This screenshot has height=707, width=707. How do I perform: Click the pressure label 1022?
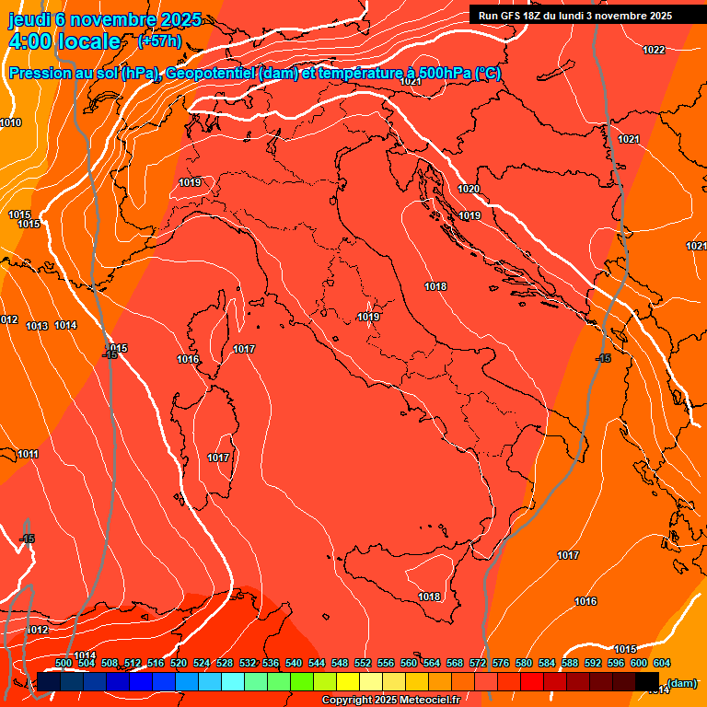[x=654, y=50]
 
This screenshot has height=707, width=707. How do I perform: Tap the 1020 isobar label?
[x=469, y=189]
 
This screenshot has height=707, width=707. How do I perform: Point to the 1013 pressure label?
[x=37, y=326]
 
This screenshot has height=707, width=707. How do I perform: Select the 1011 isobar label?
[x=28, y=454]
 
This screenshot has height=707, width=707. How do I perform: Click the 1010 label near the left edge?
[x=10, y=122]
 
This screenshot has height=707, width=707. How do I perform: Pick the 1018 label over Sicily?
[x=429, y=597]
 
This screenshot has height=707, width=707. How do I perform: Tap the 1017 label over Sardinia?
[x=218, y=458]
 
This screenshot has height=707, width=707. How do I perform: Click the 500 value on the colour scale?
[x=64, y=663]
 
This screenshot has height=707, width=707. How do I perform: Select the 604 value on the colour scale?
[x=661, y=663]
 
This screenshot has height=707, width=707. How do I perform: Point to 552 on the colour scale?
[x=363, y=663]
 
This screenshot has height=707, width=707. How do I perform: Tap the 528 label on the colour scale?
[x=225, y=663]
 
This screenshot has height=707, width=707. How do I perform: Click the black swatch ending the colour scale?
[x=647, y=682]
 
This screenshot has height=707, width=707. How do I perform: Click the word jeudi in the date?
[x=29, y=19]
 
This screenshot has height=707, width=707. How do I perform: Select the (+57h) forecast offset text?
[x=159, y=41]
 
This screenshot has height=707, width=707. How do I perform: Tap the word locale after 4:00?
[x=89, y=41]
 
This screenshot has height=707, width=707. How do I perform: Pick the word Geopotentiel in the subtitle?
[x=210, y=73]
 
